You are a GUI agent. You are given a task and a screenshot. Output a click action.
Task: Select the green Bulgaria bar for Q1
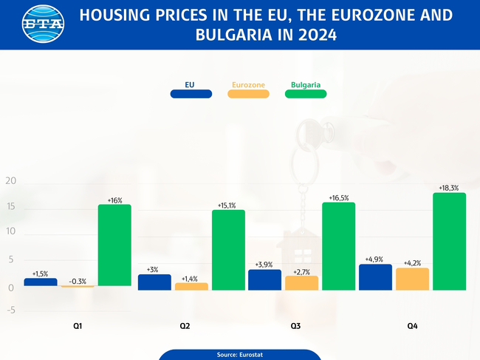click(x=114, y=245)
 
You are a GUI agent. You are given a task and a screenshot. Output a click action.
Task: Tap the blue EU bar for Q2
click(x=154, y=282)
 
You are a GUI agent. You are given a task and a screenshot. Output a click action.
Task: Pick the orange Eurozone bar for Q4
click(x=412, y=279)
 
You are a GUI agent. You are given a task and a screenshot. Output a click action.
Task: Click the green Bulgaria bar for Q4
click(x=449, y=241)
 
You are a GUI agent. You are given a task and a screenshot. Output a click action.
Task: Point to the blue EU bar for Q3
click(x=264, y=279)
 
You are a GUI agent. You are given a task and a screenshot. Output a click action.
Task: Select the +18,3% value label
click(x=449, y=189)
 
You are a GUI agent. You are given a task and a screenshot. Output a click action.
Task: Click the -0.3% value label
click(x=78, y=281)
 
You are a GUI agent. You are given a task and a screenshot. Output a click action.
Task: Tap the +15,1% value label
click(x=227, y=206)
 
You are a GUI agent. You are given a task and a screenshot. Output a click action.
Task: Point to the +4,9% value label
click(x=375, y=259)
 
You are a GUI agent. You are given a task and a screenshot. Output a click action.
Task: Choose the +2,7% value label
click(x=301, y=272)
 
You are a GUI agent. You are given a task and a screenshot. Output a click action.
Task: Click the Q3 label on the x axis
click(x=295, y=326)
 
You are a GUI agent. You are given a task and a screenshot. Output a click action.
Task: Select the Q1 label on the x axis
click(x=78, y=326)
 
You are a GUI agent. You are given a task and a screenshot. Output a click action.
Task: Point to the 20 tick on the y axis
click(x=10, y=182)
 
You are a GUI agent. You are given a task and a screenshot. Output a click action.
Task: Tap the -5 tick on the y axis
click(x=10, y=310)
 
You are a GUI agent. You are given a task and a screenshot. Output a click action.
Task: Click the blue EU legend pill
click(x=191, y=94)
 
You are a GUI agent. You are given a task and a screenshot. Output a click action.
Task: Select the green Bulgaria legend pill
click(x=305, y=94)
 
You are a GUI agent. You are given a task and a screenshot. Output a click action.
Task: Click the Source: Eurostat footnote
click(x=240, y=355)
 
